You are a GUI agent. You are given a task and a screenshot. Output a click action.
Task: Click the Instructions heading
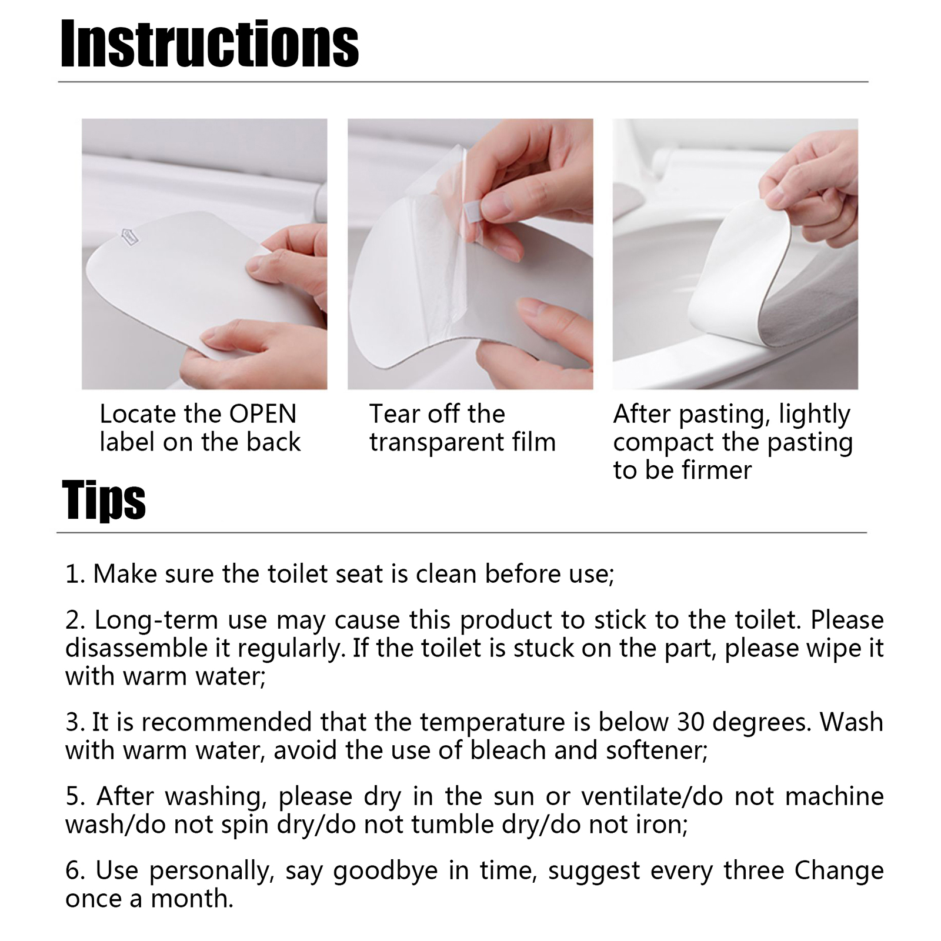[209, 44]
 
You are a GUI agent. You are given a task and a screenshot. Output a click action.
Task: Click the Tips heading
[104, 500]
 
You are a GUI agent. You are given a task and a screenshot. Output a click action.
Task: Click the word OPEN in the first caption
[263, 414]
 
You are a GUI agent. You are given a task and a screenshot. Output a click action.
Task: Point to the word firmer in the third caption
[717, 470]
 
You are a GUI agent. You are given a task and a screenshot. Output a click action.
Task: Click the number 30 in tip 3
[691, 722]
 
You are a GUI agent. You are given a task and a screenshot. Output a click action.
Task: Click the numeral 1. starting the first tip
[75, 574]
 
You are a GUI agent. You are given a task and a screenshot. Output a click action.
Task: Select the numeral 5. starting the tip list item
[76, 796]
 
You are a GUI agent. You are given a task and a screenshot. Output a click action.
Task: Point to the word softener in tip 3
[656, 750]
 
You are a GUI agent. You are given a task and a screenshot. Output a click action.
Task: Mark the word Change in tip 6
[839, 870]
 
